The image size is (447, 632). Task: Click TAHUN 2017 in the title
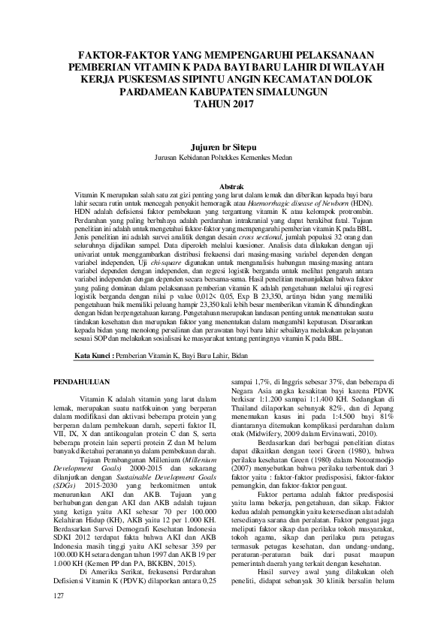(223, 103)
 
